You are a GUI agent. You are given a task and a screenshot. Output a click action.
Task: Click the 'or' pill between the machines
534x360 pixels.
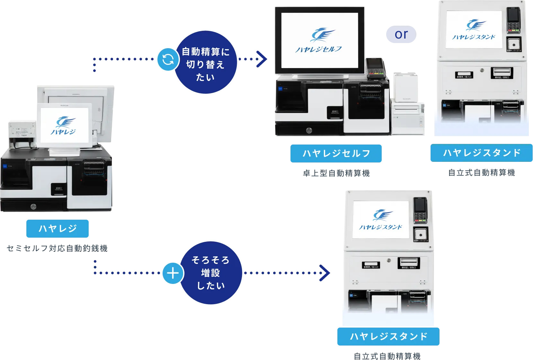pyautogui.click(x=401, y=34)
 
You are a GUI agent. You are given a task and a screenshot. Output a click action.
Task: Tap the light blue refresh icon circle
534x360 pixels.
pyautogui.click(x=168, y=59)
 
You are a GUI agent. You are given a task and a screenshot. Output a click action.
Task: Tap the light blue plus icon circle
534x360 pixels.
pyautogui.click(x=173, y=273)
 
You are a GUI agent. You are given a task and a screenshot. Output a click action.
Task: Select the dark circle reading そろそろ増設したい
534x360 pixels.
pyautogui.click(x=210, y=273)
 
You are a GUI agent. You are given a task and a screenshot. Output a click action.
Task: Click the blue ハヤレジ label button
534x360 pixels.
pyautogui.click(x=58, y=229)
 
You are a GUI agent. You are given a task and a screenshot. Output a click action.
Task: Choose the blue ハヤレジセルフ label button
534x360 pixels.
pyautogui.click(x=336, y=154)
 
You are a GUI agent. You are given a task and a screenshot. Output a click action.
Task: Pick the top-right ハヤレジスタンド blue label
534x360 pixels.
pyautogui.click(x=481, y=153)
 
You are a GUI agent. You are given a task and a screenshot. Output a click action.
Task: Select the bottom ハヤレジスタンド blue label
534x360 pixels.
pyautogui.click(x=388, y=337)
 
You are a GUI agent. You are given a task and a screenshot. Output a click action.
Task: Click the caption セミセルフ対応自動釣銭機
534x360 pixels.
pyautogui.click(x=57, y=248)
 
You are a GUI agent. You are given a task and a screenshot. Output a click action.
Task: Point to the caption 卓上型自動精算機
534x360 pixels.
pyautogui.click(x=336, y=173)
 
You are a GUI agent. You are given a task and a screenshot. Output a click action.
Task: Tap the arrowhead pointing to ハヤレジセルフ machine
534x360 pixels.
pyautogui.click(x=262, y=59)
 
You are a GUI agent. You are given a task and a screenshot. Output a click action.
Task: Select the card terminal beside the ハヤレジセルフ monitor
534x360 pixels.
pyautogui.click(x=375, y=68)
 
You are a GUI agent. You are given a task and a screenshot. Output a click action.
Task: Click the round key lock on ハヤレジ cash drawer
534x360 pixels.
pyautogui.click(x=33, y=206)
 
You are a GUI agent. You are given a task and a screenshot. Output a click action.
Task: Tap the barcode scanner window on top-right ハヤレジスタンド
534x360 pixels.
pyautogui.click(x=514, y=44)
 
